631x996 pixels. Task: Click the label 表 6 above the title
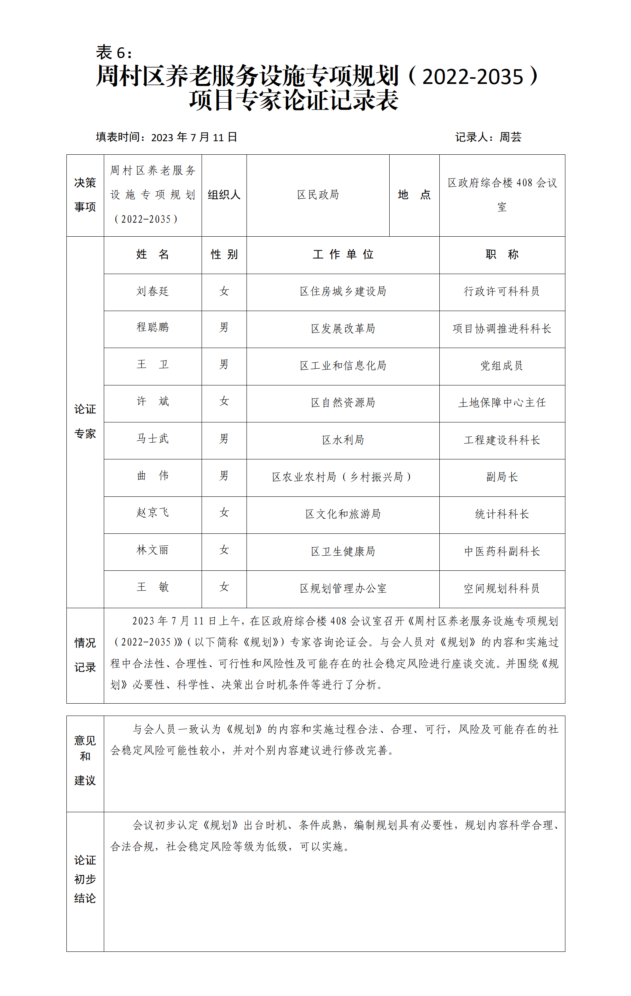114,53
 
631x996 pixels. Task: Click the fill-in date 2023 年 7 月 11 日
194,137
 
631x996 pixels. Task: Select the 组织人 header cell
224,195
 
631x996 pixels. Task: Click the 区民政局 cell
318,195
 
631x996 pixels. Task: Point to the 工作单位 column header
343,255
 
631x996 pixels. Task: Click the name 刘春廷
153,291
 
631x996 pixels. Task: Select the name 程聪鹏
153,328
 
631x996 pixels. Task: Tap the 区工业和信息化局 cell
343,366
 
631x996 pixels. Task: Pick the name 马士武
153,439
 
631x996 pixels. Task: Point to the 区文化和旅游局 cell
343,514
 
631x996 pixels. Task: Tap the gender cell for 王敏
224,587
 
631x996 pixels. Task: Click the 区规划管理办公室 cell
343,589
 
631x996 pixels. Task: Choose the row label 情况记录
85,655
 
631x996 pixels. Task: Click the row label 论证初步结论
85,879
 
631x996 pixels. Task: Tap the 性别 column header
224,255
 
